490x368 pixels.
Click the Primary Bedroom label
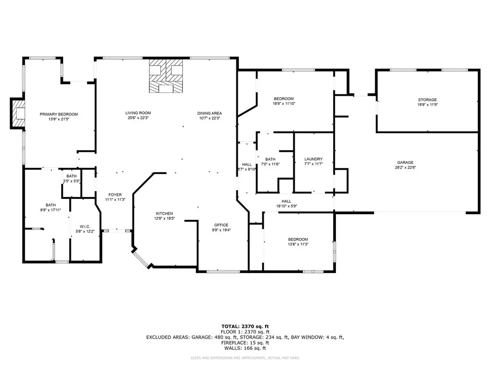tap(59, 114)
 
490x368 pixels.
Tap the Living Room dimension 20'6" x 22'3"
tap(138, 118)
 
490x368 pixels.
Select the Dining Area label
tap(210, 113)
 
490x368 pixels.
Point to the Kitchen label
tap(165, 213)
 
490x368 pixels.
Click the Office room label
tap(221, 225)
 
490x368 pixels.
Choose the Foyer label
tap(115, 195)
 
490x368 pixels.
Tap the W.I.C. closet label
tap(85, 227)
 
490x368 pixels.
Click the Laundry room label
tap(313, 159)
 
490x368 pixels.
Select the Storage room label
tap(427, 100)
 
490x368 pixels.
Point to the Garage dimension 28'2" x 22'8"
tap(405, 167)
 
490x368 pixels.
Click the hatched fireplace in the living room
tap(166, 76)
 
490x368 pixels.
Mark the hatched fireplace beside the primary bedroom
tap(18, 113)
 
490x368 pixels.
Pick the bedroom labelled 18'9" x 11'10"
tap(284, 101)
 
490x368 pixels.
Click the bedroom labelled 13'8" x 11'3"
tap(298, 242)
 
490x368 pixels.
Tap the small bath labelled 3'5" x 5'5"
tap(72, 179)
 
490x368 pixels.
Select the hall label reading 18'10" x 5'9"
tap(287, 204)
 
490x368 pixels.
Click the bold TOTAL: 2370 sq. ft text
tap(245, 326)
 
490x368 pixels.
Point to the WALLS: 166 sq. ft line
tap(245, 348)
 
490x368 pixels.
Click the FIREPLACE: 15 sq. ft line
tap(245, 343)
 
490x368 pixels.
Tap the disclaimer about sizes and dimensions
tap(245, 357)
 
